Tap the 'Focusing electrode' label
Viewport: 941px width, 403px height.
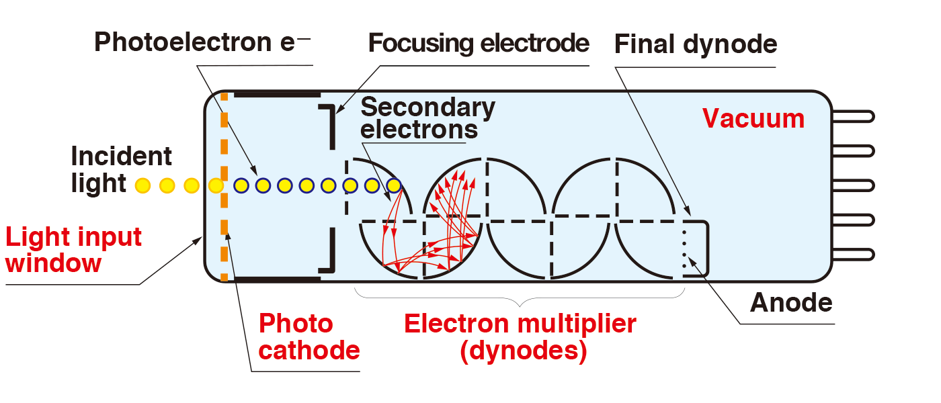click(x=479, y=44)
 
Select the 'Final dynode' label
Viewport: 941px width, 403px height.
click(x=696, y=44)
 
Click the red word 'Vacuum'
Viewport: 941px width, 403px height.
click(x=753, y=119)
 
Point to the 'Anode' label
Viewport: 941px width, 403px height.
click(x=791, y=303)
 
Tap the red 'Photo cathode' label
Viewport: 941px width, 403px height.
click(x=309, y=337)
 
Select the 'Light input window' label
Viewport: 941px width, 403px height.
click(x=73, y=249)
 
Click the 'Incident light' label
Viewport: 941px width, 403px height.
click(x=121, y=170)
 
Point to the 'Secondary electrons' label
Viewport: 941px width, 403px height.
click(x=427, y=118)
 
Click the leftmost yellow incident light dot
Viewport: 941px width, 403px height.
click(x=142, y=185)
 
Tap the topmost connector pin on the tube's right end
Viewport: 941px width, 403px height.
click(x=853, y=116)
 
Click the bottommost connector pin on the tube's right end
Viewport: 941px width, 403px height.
click(x=853, y=254)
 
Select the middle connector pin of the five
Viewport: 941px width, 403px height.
click(x=853, y=185)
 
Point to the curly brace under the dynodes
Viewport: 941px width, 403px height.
click(x=520, y=296)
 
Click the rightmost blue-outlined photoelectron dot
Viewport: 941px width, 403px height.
click(x=394, y=185)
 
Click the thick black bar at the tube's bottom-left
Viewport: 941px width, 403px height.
click(x=276, y=277)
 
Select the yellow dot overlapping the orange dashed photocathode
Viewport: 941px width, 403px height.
click(x=216, y=185)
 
